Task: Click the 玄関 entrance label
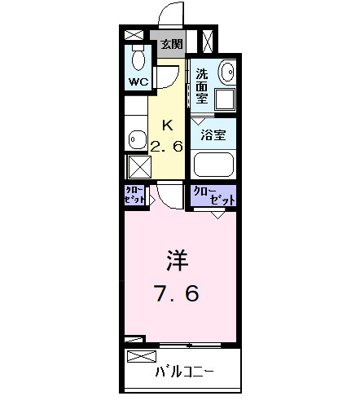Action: tap(170, 44)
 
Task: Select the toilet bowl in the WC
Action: tap(136, 59)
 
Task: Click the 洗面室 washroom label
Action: tap(202, 85)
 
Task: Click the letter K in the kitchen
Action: tap(168, 125)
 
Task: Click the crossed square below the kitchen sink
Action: tap(135, 167)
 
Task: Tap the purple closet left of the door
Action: tap(135, 196)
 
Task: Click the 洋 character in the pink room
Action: tap(178, 261)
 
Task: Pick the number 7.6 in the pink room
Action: tap(178, 293)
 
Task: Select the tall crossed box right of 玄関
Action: tap(207, 41)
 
